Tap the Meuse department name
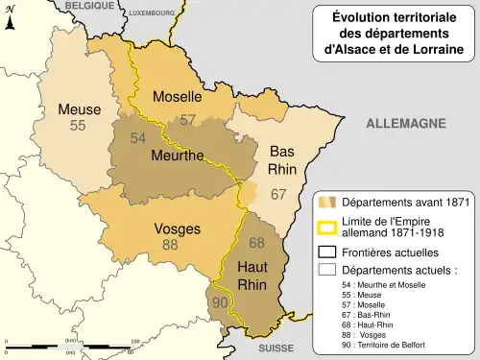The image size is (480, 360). (79, 109)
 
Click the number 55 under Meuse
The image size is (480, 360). (79, 126)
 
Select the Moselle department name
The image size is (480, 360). (178, 97)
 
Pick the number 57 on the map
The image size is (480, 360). (188, 120)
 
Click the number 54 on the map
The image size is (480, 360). (138, 138)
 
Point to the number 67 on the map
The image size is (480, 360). (278, 194)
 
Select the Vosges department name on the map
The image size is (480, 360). (178, 229)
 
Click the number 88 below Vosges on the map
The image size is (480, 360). (170, 245)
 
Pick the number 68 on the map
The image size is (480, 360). (256, 242)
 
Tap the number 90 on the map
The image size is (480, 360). (220, 302)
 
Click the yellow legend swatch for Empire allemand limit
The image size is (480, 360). (327, 228)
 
